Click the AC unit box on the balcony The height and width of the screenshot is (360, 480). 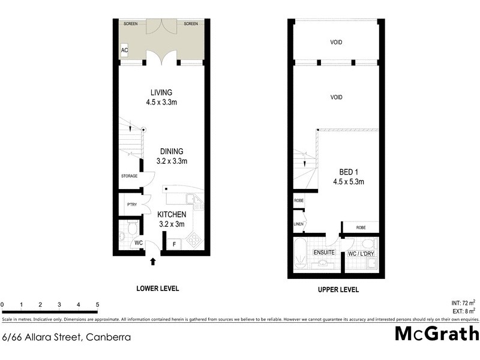125,50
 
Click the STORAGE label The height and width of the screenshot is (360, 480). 128,176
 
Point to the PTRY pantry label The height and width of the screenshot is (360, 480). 132,205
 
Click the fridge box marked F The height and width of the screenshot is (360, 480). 173,244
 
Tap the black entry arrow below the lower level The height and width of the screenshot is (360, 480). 152,261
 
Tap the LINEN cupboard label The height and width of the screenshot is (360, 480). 298,224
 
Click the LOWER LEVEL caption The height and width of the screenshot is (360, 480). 158,289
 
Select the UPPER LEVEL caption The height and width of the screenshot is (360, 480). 338,290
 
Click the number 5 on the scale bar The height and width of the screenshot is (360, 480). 97,305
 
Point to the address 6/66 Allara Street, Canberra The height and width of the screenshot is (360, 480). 67,337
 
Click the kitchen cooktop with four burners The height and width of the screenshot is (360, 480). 195,242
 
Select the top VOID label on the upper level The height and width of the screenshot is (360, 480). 336,43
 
